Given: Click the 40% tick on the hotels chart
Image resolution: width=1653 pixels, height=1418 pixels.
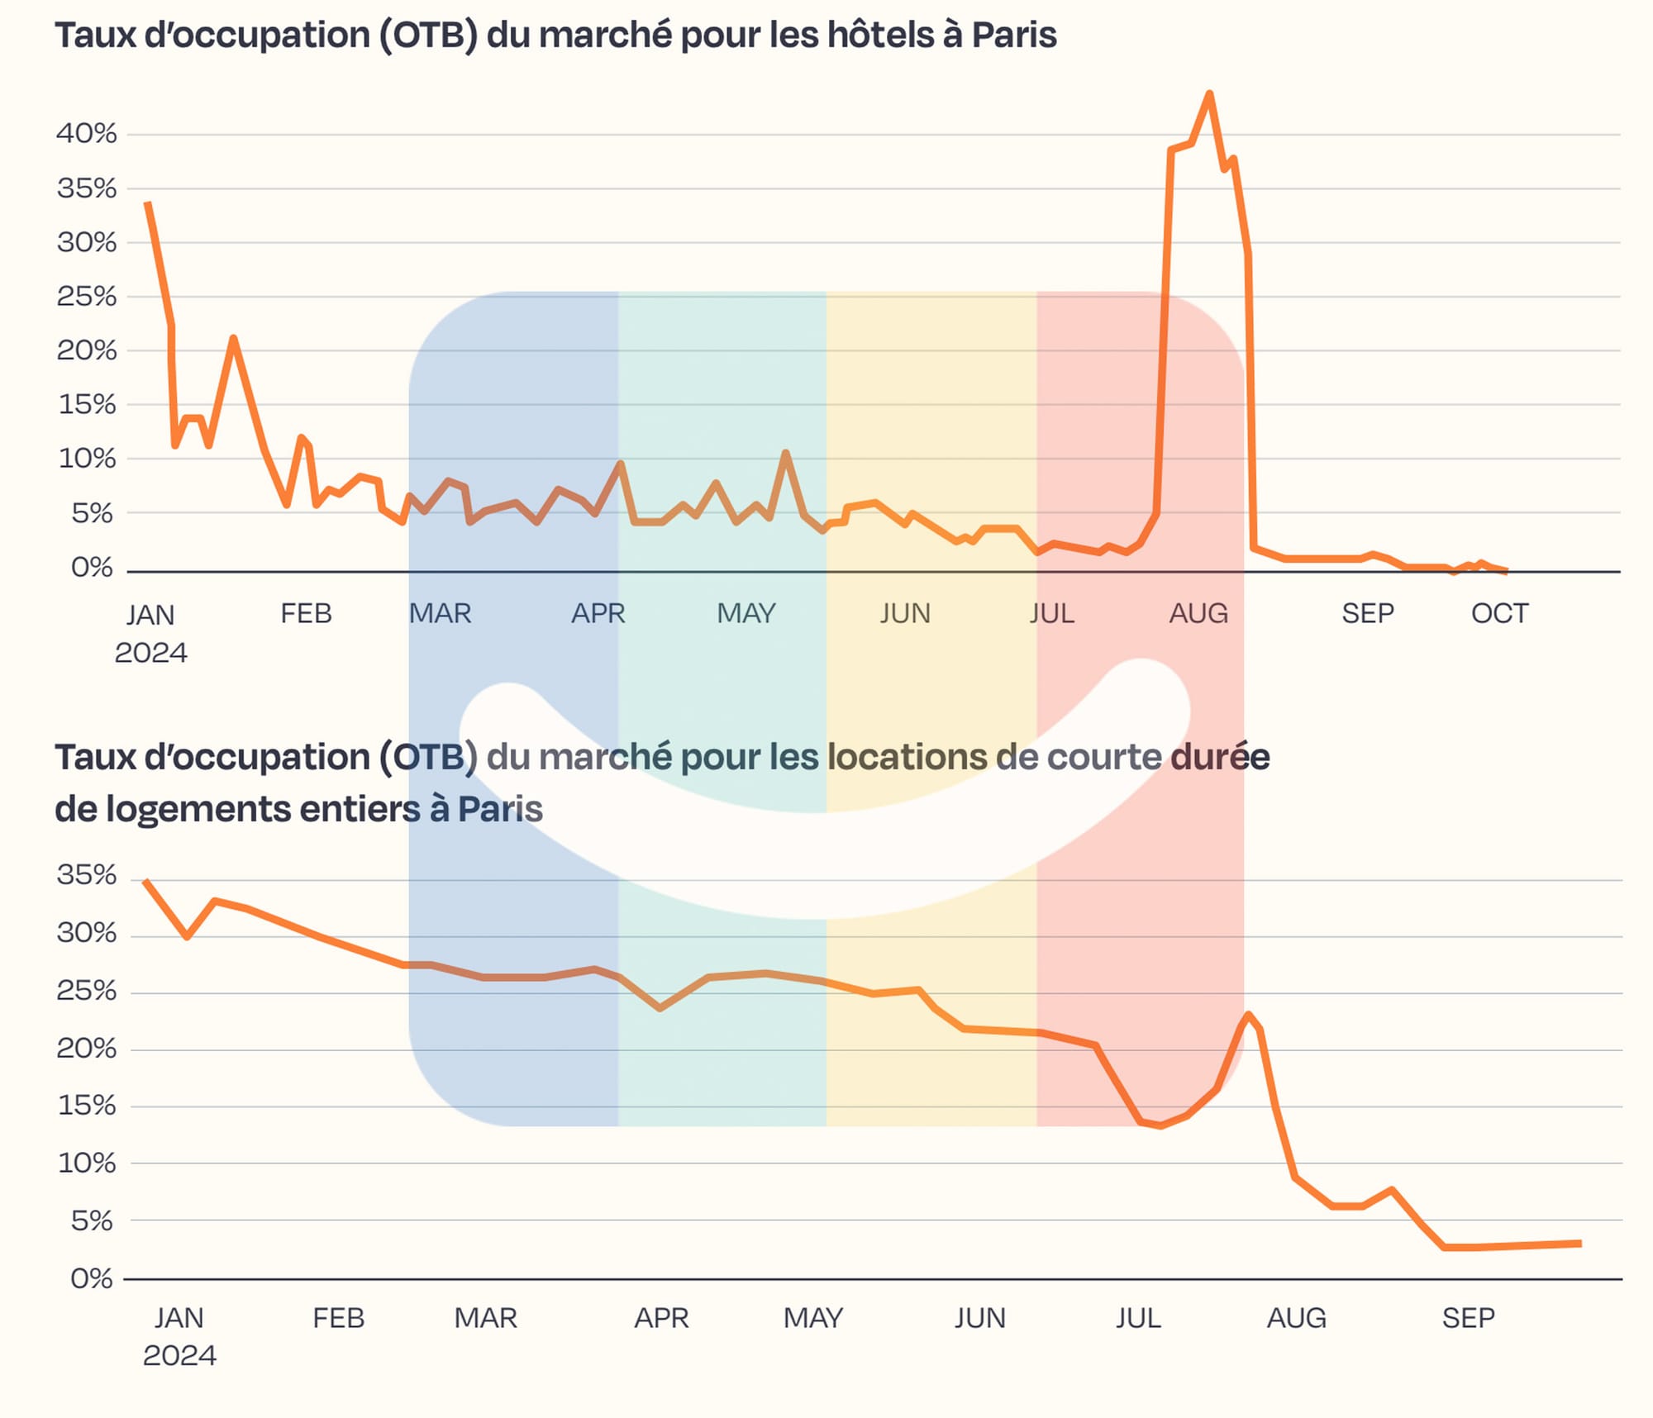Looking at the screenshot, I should (87, 133).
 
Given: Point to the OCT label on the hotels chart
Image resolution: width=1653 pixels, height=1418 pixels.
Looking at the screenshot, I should (1499, 614).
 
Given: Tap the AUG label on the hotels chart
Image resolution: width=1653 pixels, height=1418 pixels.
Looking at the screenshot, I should (1198, 614).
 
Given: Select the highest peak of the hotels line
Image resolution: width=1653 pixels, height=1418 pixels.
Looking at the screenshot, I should (1209, 93).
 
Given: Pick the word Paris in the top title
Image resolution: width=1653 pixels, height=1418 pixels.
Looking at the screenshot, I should (1013, 36).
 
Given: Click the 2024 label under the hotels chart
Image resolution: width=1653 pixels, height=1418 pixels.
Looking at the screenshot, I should (150, 653).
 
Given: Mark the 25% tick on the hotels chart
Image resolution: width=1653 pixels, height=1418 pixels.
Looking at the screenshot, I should (87, 296).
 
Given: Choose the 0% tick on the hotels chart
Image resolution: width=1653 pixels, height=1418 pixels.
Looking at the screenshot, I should (92, 568).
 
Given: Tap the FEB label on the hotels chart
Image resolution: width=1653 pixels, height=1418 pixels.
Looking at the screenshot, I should (306, 614).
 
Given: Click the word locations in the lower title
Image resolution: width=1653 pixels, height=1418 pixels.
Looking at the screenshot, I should (907, 757).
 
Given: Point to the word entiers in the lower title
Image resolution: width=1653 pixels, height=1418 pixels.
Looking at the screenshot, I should (360, 809).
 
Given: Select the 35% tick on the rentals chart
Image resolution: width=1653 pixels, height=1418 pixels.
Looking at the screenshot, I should (87, 875).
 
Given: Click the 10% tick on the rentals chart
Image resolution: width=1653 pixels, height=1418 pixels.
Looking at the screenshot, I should (87, 1163).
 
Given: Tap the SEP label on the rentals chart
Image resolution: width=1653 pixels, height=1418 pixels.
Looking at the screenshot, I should (1468, 1318).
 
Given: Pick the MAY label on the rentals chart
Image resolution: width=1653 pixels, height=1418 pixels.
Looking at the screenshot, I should (813, 1318).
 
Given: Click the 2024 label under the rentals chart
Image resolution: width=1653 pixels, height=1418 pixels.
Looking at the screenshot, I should (179, 1356).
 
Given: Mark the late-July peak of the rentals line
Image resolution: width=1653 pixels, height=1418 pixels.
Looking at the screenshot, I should (1247, 1015).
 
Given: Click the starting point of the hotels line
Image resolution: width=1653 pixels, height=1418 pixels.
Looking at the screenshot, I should (147, 202).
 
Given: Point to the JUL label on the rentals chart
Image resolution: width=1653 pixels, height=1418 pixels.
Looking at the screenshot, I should (1138, 1318).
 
